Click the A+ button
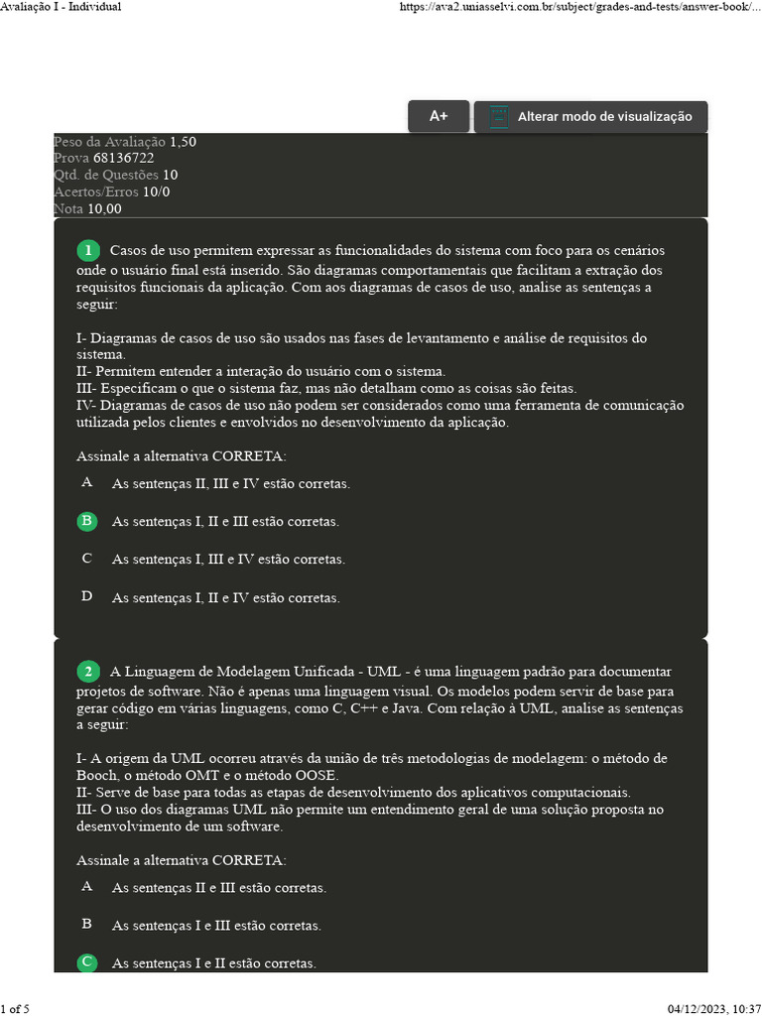tap(439, 117)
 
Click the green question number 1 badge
tap(88, 251)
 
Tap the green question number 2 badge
tap(88, 673)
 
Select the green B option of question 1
tap(87, 521)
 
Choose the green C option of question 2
tap(87, 962)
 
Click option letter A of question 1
tap(87, 483)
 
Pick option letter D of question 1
tap(87, 596)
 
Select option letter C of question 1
tap(87, 559)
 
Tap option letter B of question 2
tap(87, 924)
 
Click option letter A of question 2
tap(87, 886)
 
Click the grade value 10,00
tap(104, 208)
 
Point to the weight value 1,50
tap(183, 142)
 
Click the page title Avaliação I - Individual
tap(62, 7)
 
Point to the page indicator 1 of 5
tap(16, 1009)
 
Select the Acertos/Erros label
tap(95, 191)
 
